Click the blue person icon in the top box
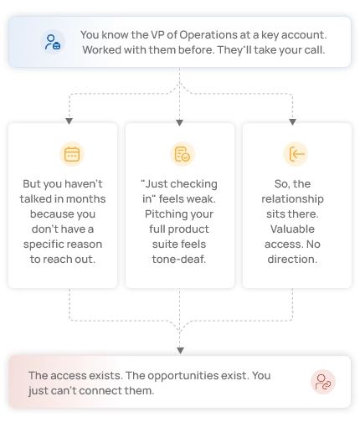coord(53,42)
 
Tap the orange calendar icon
coord(72,154)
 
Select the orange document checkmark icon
coord(183,154)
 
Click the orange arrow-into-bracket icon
coord(296,154)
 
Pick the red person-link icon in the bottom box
coord(323,382)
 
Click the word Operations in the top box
coord(208,35)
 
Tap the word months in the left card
coord(86,199)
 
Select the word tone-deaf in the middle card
coord(179,260)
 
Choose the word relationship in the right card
coord(292,199)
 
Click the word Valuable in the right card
coord(292,229)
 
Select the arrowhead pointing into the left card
coord(69,121)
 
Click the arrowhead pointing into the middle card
coord(180,122)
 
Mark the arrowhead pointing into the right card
coord(292,122)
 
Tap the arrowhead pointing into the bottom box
coord(180,351)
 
